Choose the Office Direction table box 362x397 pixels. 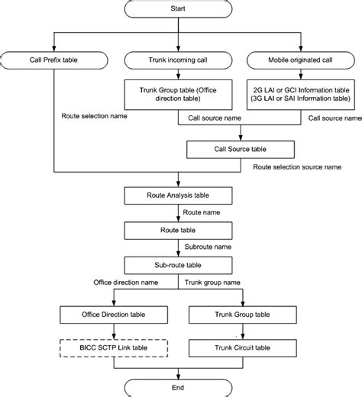[112, 314]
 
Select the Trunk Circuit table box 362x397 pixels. [242, 348]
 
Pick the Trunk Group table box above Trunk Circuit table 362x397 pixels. [242, 314]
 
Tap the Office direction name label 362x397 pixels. [126, 282]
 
